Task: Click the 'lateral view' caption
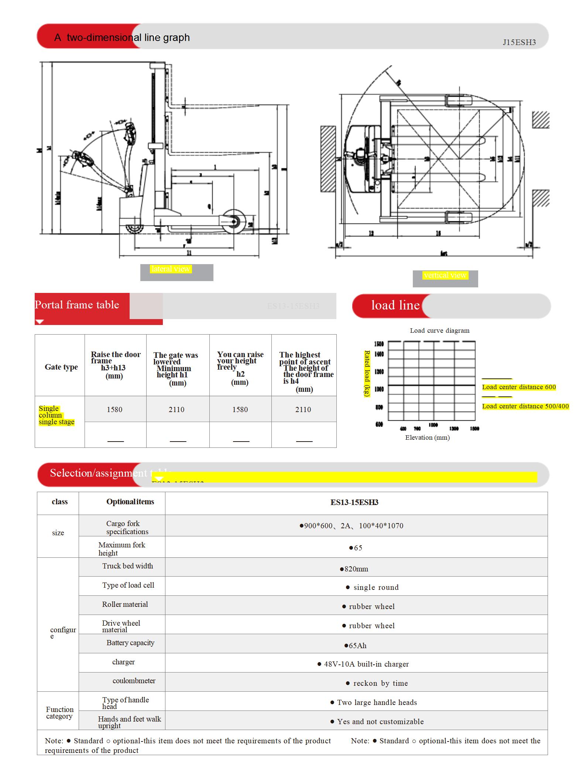click(x=171, y=269)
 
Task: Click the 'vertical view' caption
click(x=445, y=275)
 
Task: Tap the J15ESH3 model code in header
click(x=519, y=42)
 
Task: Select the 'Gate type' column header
click(x=61, y=367)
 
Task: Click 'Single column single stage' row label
click(x=56, y=415)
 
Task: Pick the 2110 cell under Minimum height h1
click(x=177, y=409)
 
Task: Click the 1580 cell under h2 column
click(x=240, y=409)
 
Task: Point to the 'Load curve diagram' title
click(x=439, y=331)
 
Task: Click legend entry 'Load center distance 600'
click(x=519, y=387)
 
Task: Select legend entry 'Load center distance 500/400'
click(x=525, y=406)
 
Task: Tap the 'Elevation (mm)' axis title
click(x=427, y=438)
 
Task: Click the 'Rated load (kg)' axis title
click(x=367, y=373)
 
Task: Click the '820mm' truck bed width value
click(x=354, y=569)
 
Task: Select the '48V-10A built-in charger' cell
click(x=363, y=664)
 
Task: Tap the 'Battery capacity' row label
click(x=130, y=643)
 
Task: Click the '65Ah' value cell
click(x=355, y=646)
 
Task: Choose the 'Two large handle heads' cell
click(x=374, y=702)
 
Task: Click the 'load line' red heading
click(x=395, y=305)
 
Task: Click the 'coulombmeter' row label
click(x=134, y=681)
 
